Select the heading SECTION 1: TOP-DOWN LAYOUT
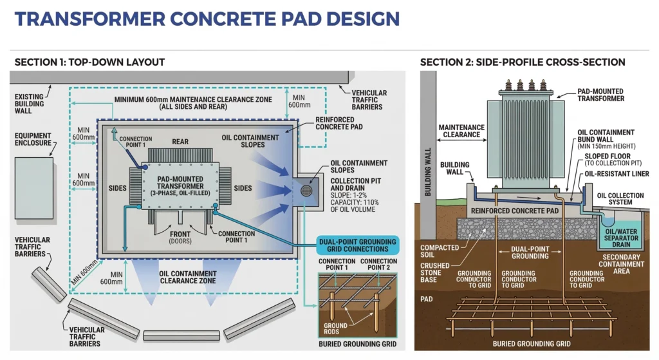pyautogui.click(x=89, y=62)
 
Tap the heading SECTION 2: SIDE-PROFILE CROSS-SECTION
pyautogui.click(x=523, y=62)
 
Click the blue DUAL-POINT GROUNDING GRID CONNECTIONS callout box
pyautogui.click(x=358, y=245)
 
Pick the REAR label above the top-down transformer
pyautogui.click(x=180, y=142)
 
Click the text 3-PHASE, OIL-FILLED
pyautogui.click(x=180, y=193)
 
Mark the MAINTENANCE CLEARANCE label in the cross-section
pyautogui.click(x=461, y=131)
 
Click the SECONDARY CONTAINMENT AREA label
pyautogui.click(x=621, y=268)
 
